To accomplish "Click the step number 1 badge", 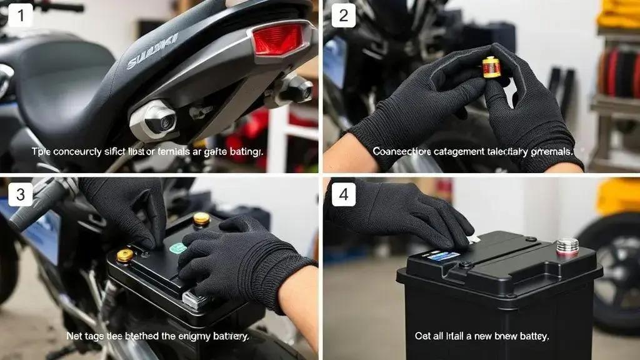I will pyautogui.click(x=21, y=15).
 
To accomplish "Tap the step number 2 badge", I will pyautogui.click(x=343, y=15).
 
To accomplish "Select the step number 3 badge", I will pyautogui.click(x=21, y=194).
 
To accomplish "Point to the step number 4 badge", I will pyautogui.click(x=343, y=194).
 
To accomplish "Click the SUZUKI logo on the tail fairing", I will pyautogui.click(x=152, y=51).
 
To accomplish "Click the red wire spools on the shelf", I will pyautogui.click(x=619, y=72).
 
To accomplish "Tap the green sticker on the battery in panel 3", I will pyautogui.click(x=178, y=248).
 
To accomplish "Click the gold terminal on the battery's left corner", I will pyautogui.click(x=125, y=256).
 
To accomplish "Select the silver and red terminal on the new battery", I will pyautogui.click(x=567, y=247).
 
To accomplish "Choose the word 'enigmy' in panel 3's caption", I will pyautogui.click(x=196, y=336).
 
